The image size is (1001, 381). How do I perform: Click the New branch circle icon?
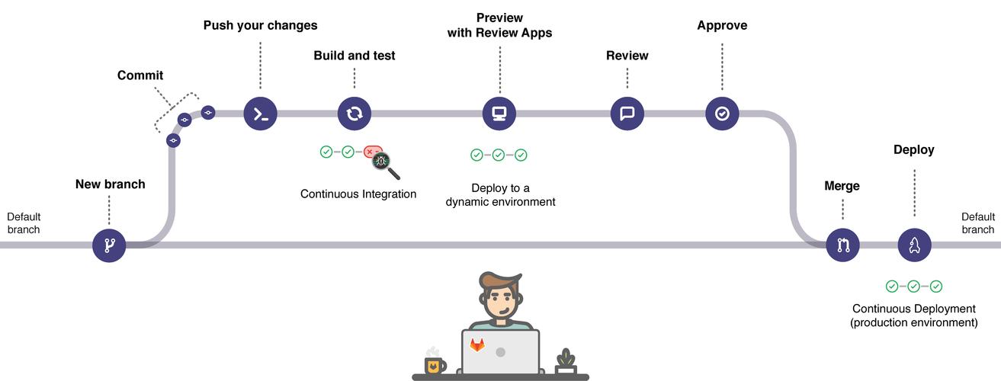[x=109, y=245]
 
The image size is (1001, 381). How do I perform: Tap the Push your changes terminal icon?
[x=260, y=114]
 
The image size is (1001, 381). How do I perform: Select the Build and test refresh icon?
[x=354, y=114]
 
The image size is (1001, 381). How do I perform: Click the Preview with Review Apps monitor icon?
[x=500, y=114]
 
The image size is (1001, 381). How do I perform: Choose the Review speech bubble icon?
[x=627, y=114]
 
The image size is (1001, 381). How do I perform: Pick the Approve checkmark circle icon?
[x=722, y=114]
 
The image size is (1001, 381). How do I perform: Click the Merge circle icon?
[x=843, y=245]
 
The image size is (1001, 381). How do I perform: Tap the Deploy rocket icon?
[x=914, y=245]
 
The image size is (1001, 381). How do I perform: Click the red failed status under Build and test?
[x=371, y=152]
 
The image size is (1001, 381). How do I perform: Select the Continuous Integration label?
[x=358, y=194]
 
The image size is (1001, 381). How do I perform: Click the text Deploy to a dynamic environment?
[x=500, y=195]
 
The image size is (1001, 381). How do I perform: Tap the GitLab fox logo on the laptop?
[x=477, y=344]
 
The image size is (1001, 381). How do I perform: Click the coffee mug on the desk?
[x=435, y=364]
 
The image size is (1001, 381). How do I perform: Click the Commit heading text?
[x=140, y=75]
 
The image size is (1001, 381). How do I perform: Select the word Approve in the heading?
[x=722, y=26]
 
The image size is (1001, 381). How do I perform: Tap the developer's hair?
[x=502, y=281]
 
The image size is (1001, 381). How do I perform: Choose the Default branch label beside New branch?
[x=24, y=223]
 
